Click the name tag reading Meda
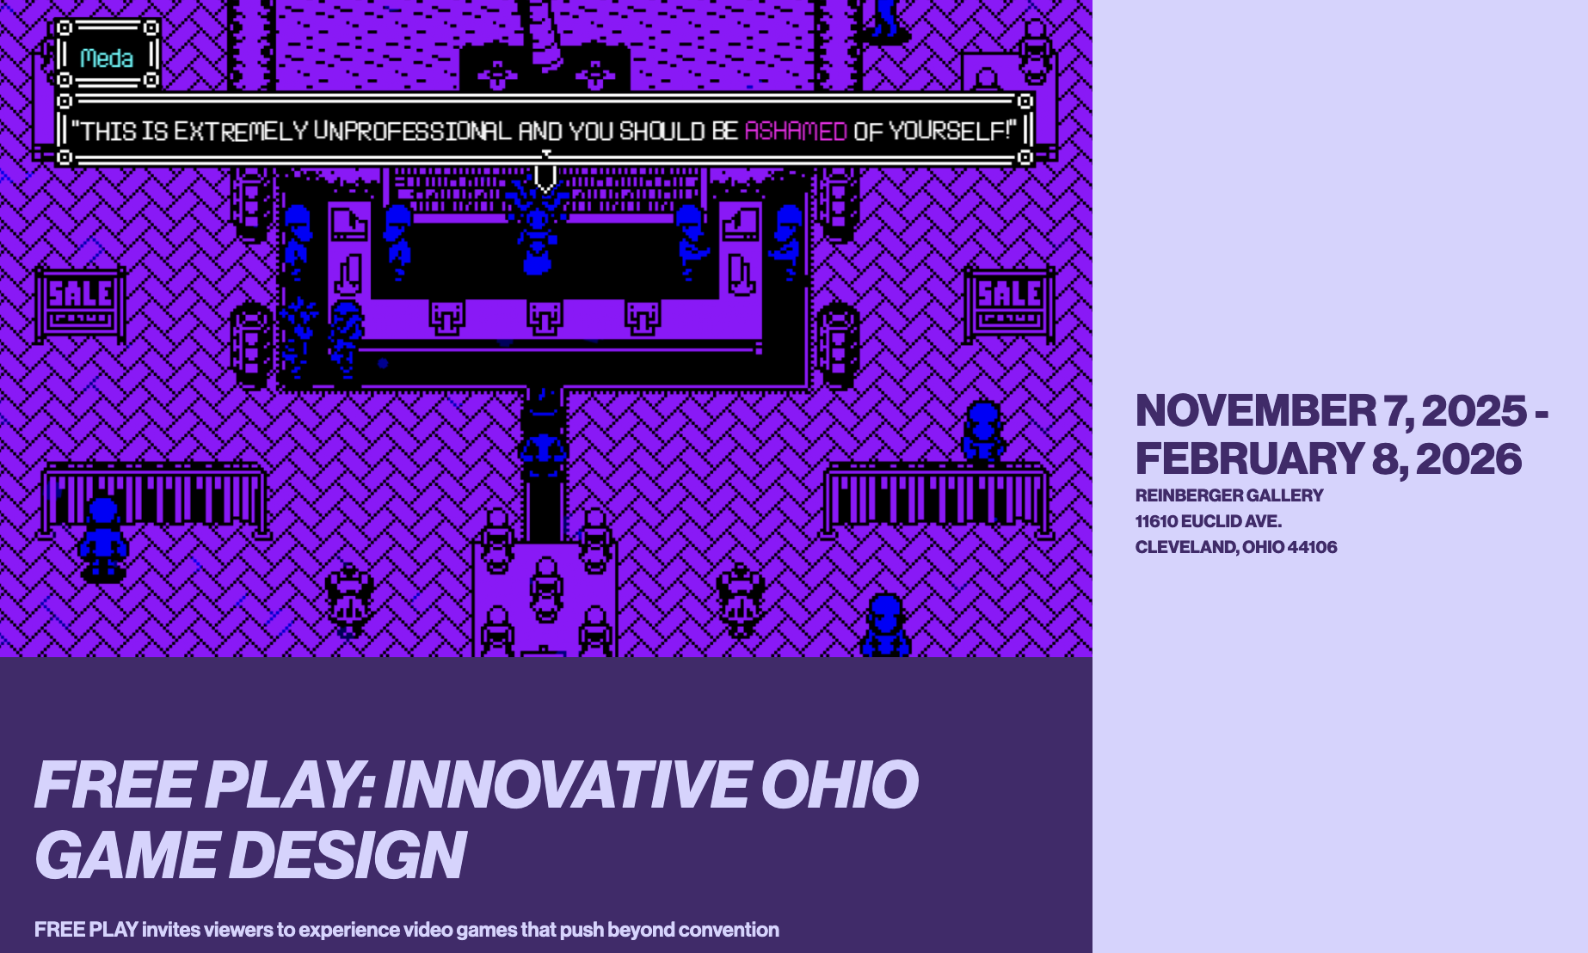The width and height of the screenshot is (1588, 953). pos(107,58)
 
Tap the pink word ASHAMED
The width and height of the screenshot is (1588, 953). pos(796,132)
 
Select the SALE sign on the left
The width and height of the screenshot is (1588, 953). pos(80,303)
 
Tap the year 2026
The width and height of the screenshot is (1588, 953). pos(1468,458)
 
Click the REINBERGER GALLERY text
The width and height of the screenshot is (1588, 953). pos(1228,495)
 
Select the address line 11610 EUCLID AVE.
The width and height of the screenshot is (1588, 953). pos(1208,521)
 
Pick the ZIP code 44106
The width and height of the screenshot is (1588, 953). pos(1312,547)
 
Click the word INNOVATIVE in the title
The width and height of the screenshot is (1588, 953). pos(565,784)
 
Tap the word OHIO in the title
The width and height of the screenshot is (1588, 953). pos(839,784)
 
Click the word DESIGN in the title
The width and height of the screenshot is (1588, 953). pos(347,855)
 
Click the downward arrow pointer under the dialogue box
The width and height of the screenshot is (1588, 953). pos(545,178)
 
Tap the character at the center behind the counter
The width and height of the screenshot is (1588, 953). pos(538,232)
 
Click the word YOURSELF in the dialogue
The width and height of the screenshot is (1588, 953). pos(948,132)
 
